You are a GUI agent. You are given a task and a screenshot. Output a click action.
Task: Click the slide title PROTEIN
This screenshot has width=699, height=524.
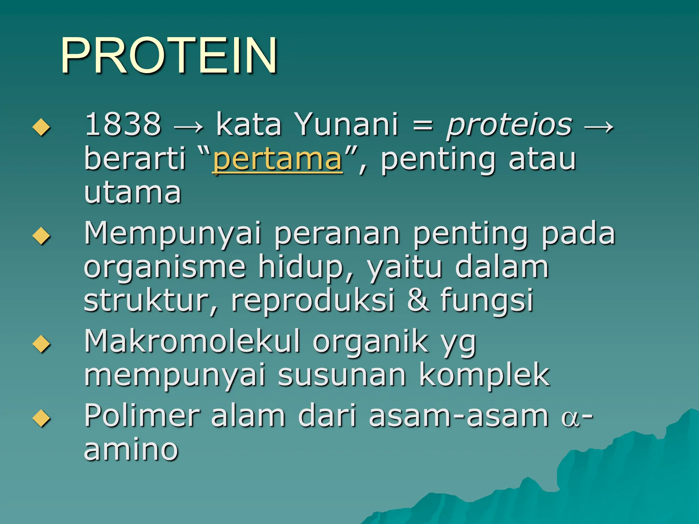(169, 55)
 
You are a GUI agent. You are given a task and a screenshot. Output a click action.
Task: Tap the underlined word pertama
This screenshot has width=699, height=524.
(277, 159)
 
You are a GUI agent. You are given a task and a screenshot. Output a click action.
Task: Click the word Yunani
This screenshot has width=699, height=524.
(346, 124)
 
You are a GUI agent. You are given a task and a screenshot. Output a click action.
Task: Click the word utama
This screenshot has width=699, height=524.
(132, 193)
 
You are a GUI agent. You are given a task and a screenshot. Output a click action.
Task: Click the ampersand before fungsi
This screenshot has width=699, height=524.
(418, 300)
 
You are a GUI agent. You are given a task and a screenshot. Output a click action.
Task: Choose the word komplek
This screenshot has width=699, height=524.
(484, 376)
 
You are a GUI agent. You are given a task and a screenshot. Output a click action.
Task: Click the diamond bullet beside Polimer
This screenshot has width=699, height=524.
(41, 418)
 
